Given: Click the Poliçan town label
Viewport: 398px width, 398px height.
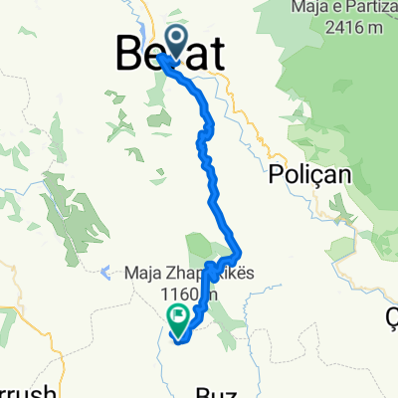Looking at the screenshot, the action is [x=304, y=172].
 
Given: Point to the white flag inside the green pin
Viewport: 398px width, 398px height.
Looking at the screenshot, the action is [x=179, y=318].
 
